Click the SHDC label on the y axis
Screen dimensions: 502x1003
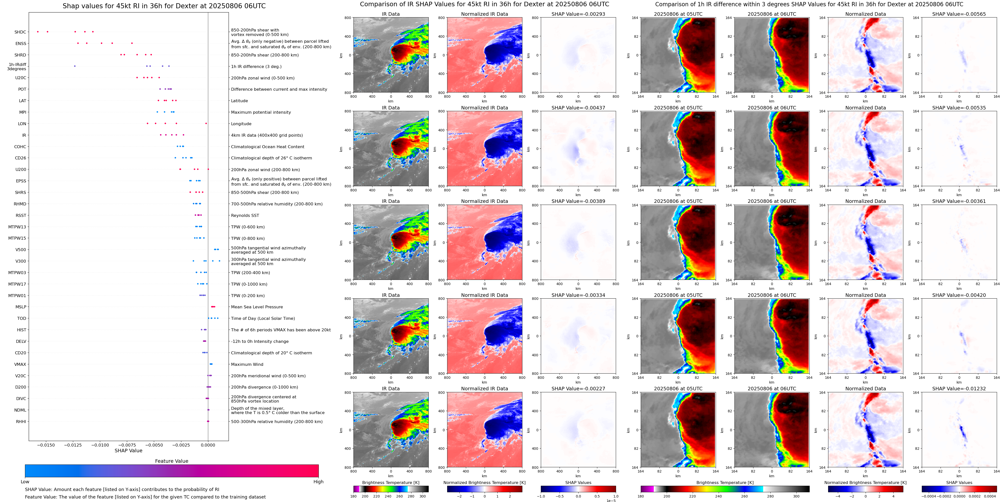tap(20, 32)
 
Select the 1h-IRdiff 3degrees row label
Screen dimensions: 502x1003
tap(17, 67)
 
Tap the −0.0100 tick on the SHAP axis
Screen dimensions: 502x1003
tap(100, 445)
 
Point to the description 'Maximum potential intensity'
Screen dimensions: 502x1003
tap(261, 112)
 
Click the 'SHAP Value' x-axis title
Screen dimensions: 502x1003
tap(128, 451)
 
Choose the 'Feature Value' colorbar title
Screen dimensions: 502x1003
tap(172, 461)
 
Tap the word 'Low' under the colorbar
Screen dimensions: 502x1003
tap(25, 482)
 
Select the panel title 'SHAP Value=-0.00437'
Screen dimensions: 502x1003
tap(578, 108)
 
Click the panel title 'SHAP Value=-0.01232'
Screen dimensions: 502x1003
tap(959, 389)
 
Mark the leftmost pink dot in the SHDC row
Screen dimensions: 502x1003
tap(38, 31)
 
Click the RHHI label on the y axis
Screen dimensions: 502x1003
tap(21, 421)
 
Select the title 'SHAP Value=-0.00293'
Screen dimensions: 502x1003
tap(578, 14)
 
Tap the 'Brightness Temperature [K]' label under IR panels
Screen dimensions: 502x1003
tap(390, 483)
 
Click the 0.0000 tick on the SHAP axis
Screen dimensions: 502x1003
tap(208, 445)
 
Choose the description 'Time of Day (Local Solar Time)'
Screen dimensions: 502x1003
tap(263, 319)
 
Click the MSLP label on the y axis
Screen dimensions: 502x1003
tap(21, 307)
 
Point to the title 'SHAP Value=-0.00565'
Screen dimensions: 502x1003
tap(959, 14)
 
